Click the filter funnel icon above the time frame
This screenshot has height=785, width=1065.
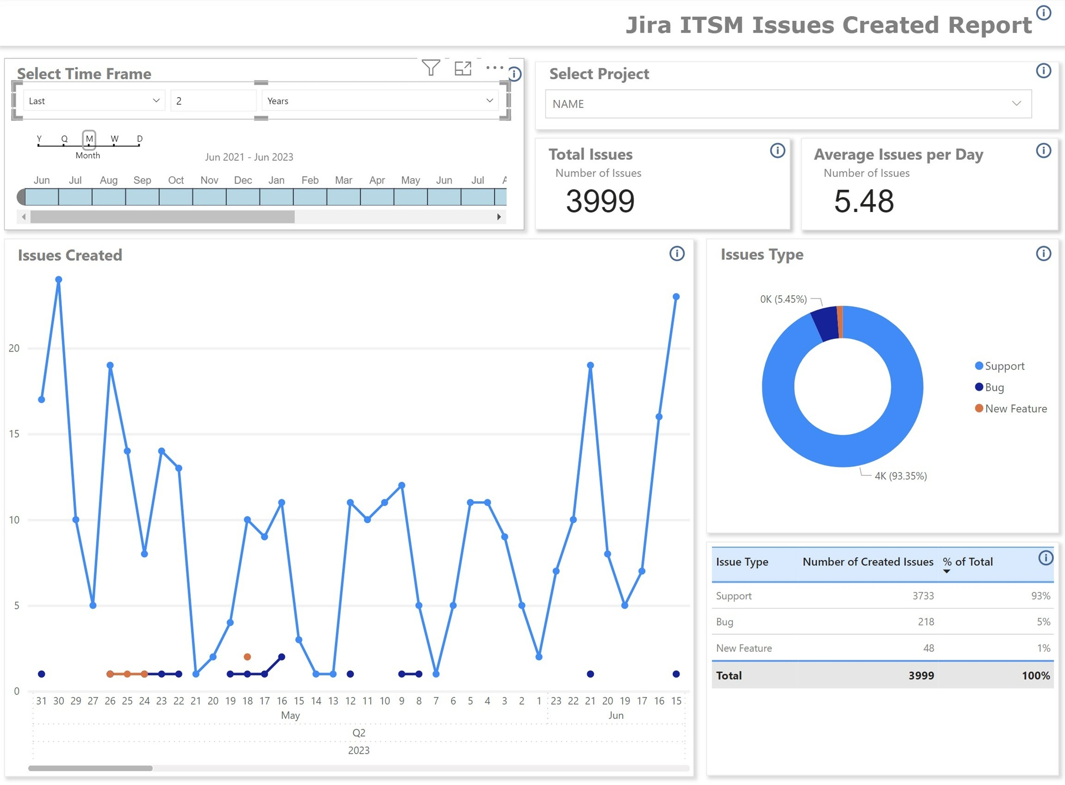point(430,68)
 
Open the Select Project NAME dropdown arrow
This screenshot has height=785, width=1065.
point(1016,104)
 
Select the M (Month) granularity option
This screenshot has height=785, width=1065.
point(89,139)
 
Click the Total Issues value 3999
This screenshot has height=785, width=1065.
point(600,201)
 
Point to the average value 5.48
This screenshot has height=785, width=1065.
point(864,201)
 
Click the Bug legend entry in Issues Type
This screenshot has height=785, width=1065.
point(994,387)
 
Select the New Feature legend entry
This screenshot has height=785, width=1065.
point(1015,409)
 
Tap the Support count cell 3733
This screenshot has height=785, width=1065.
point(923,596)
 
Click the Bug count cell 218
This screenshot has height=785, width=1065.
point(925,622)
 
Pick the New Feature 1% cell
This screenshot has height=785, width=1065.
point(1043,648)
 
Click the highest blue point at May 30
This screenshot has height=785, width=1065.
point(59,280)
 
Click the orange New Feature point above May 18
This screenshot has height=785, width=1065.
point(247,657)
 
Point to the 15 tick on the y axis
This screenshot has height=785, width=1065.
point(14,434)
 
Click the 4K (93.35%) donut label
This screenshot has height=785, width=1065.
point(900,476)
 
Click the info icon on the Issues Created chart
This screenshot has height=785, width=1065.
point(676,254)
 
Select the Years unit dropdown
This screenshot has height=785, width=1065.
point(380,101)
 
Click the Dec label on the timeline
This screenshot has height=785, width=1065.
point(243,181)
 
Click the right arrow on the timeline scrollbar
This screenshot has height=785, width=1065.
point(499,217)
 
